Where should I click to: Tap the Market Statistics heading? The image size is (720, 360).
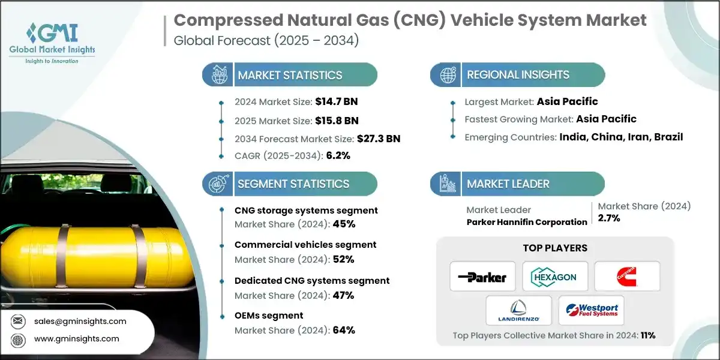click(290, 75)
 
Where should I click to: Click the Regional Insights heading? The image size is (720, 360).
click(518, 75)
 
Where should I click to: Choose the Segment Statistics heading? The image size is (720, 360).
click(293, 184)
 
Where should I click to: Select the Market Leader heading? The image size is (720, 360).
click(508, 184)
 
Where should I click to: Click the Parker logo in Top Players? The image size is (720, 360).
click(482, 277)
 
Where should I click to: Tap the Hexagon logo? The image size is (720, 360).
click(554, 277)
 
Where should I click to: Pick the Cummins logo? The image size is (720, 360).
click(626, 277)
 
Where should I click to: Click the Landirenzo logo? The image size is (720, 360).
click(518, 311)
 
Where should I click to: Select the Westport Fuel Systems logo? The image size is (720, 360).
click(590, 311)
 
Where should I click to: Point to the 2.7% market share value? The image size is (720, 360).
click(609, 218)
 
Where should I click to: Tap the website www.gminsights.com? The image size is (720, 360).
click(77, 339)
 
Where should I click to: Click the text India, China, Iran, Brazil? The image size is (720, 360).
click(621, 137)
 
